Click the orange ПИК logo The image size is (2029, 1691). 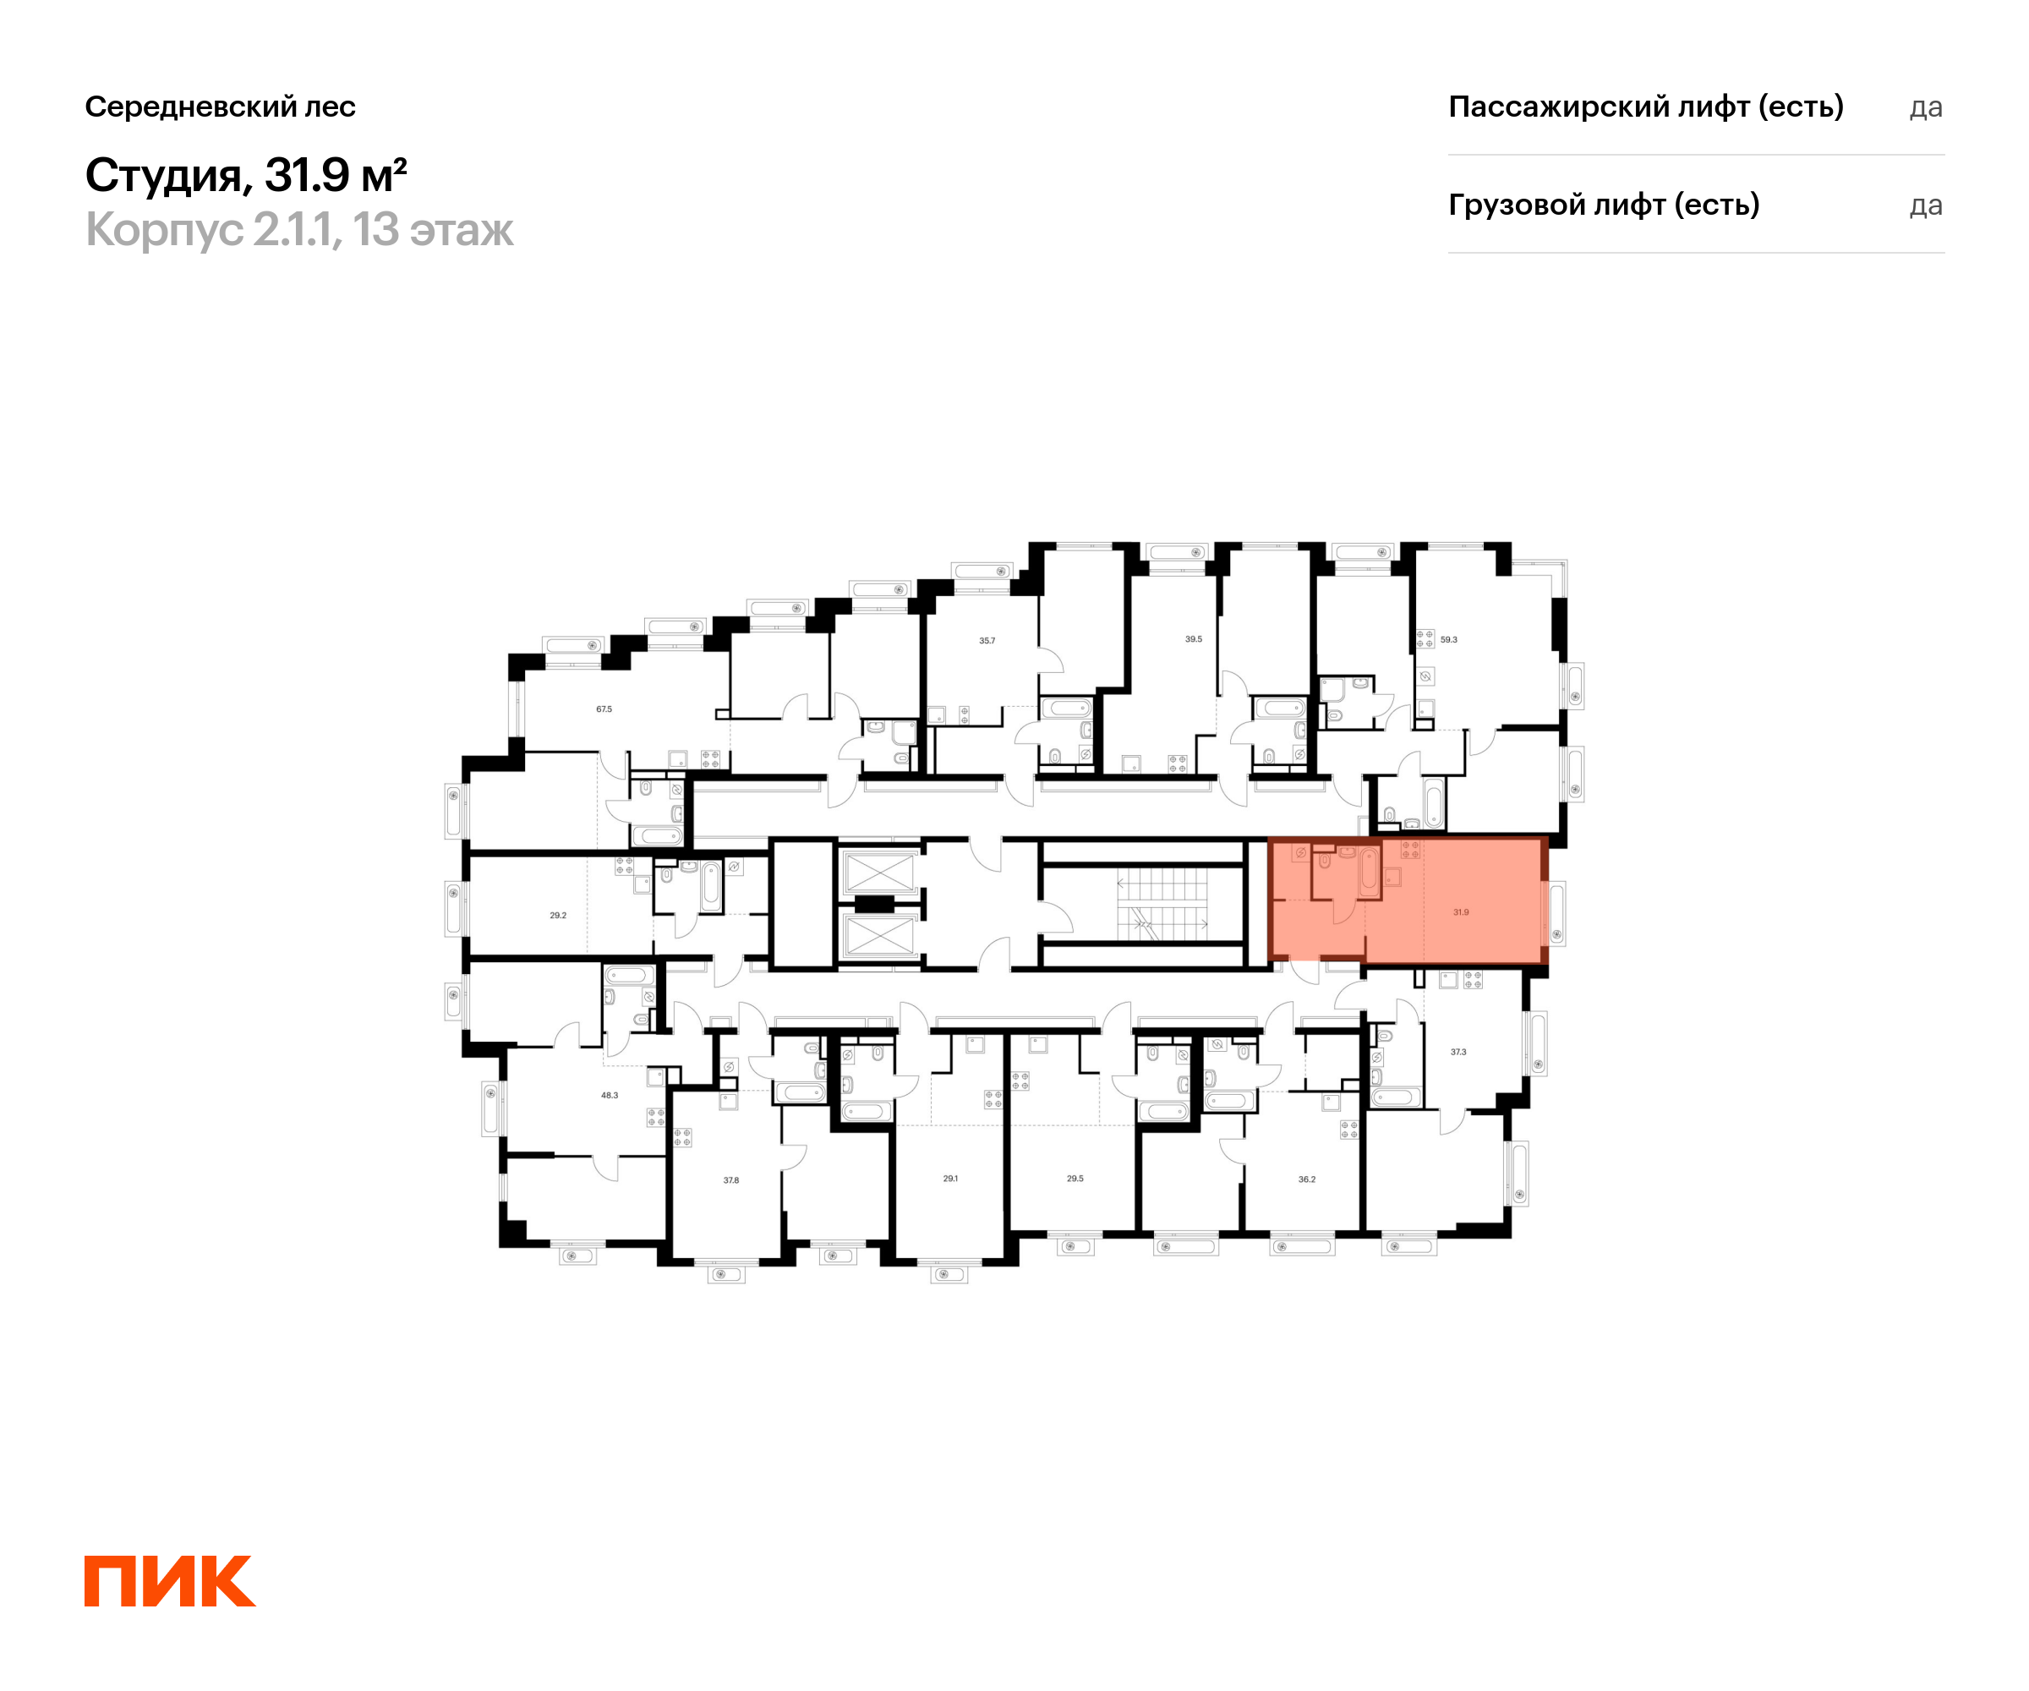point(170,1581)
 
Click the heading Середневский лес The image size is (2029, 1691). point(221,107)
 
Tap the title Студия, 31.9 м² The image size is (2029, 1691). point(246,175)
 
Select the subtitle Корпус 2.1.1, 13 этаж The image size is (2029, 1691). point(299,230)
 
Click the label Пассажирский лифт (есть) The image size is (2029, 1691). point(1645,107)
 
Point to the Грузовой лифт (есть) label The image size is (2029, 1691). point(1604,205)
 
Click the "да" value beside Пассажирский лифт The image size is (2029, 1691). point(1926,107)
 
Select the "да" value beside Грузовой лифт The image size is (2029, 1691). point(1926,205)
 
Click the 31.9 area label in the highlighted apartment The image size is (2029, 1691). point(1461,912)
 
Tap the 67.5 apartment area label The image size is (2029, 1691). point(604,709)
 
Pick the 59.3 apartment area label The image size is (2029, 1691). point(1449,640)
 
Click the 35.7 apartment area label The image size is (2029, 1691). point(987,641)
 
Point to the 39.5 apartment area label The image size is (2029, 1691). point(1193,638)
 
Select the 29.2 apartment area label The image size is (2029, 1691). point(559,915)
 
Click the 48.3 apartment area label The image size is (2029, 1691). point(610,1096)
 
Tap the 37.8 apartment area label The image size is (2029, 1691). point(731,1179)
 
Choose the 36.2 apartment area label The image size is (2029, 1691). point(1307,1179)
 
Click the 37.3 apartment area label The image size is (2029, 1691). point(1458,1051)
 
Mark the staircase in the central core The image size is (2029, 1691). point(1162,905)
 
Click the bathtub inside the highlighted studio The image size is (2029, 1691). point(1369,871)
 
